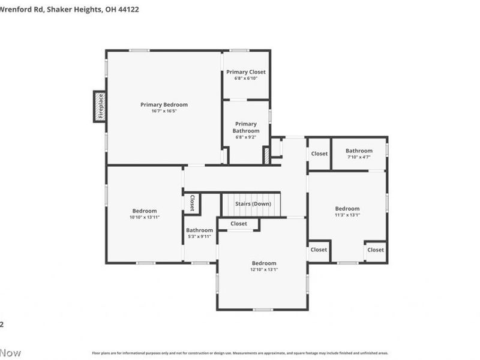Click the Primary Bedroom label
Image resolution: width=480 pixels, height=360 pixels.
(x=164, y=104)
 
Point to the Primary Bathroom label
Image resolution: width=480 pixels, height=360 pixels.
(x=246, y=127)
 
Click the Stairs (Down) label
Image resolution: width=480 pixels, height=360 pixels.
(x=253, y=204)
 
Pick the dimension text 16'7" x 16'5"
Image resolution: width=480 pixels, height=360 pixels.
(x=164, y=111)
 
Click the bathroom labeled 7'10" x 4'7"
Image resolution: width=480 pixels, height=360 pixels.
(x=359, y=151)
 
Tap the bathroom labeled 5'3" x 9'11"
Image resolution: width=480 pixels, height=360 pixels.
(x=199, y=230)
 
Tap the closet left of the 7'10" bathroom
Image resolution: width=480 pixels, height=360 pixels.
(x=319, y=154)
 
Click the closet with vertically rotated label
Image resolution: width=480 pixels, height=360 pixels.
(x=192, y=203)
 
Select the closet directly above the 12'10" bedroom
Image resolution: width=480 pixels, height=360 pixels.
(x=239, y=224)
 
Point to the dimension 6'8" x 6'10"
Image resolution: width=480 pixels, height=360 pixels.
(x=246, y=79)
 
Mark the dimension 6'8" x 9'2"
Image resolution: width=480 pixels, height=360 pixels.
(x=246, y=137)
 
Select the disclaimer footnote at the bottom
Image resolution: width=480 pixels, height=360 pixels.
(x=240, y=353)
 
